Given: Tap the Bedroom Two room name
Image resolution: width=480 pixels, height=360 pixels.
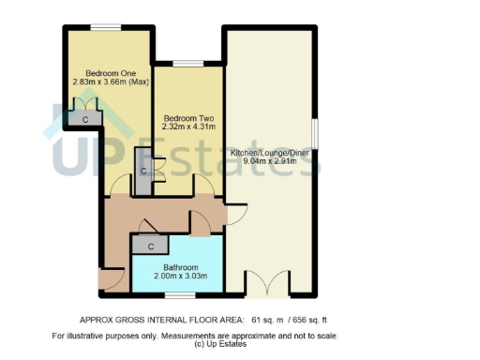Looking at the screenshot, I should (188, 118).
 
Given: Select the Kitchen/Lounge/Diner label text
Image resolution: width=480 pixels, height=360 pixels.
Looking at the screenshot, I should (270, 152).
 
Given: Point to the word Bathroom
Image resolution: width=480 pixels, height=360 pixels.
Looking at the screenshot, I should (175, 266).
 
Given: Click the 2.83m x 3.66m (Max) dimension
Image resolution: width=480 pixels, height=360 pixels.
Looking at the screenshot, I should (111, 82).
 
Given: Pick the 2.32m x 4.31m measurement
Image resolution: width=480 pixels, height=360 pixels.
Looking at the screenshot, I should (188, 127).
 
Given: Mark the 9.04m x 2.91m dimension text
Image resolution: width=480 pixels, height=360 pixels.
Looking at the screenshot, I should (270, 161).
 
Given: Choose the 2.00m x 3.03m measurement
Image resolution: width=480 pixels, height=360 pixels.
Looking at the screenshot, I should (175, 276).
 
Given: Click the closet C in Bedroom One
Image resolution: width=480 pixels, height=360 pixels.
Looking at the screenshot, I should (85, 119).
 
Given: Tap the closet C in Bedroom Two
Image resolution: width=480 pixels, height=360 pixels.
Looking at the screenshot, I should (143, 172).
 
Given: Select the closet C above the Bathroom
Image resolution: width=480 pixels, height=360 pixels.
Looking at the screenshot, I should (150, 245).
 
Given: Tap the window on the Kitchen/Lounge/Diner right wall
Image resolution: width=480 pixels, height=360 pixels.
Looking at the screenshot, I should (317, 132).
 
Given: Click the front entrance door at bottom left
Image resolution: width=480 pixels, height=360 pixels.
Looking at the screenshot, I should (109, 278).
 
